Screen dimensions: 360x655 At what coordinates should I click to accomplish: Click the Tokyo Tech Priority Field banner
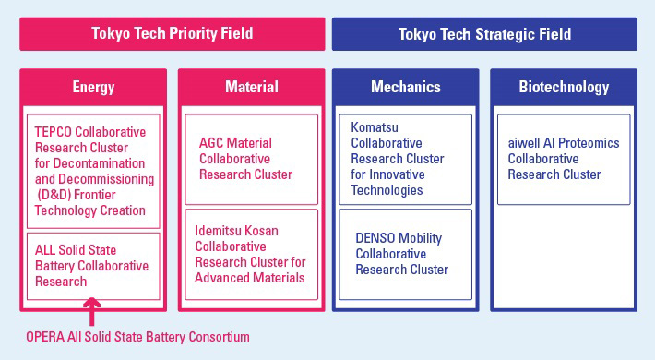click(x=172, y=34)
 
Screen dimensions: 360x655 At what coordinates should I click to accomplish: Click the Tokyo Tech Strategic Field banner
click(x=484, y=34)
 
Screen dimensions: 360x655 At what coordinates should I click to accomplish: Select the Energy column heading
click(x=93, y=88)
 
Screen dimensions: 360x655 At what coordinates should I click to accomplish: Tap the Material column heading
click(x=251, y=88)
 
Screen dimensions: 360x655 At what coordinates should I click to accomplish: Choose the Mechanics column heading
click(x=406, y=88)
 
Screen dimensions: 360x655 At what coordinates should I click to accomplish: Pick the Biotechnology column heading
click(x=562, y=88)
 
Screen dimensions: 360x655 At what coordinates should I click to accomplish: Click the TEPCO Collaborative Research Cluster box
click(x=92, y=170)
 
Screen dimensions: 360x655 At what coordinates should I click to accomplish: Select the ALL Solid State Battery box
click(x=92, y=266)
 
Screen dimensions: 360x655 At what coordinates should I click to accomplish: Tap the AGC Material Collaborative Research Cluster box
click(x=251, y=159)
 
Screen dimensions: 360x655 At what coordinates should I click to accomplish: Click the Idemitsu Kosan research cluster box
click(x=251, y=254)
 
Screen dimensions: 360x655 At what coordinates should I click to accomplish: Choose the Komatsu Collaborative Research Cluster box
click(x=406, y=159)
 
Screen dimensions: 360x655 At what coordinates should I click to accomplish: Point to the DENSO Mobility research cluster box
click(x=406, y=254)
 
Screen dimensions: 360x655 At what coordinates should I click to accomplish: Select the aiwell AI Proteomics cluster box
click(x=563, y=159)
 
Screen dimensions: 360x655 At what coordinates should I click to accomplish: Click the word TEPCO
click(x=52, y=131)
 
